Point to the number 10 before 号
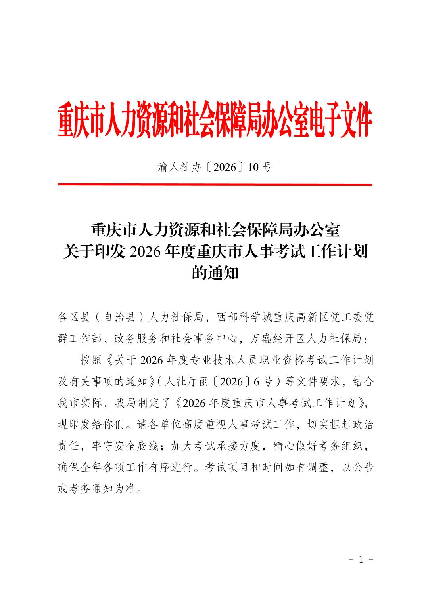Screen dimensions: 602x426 click(x=253, y=168)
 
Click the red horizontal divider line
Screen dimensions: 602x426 click(x=215, y=185)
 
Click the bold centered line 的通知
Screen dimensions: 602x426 click(x=215, y=273)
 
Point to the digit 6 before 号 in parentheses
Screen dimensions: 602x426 click(x=256, y=381)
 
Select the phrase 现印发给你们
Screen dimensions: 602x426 click(x=92, y=425)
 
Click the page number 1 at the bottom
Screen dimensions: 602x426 click(x=361, y=560)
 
